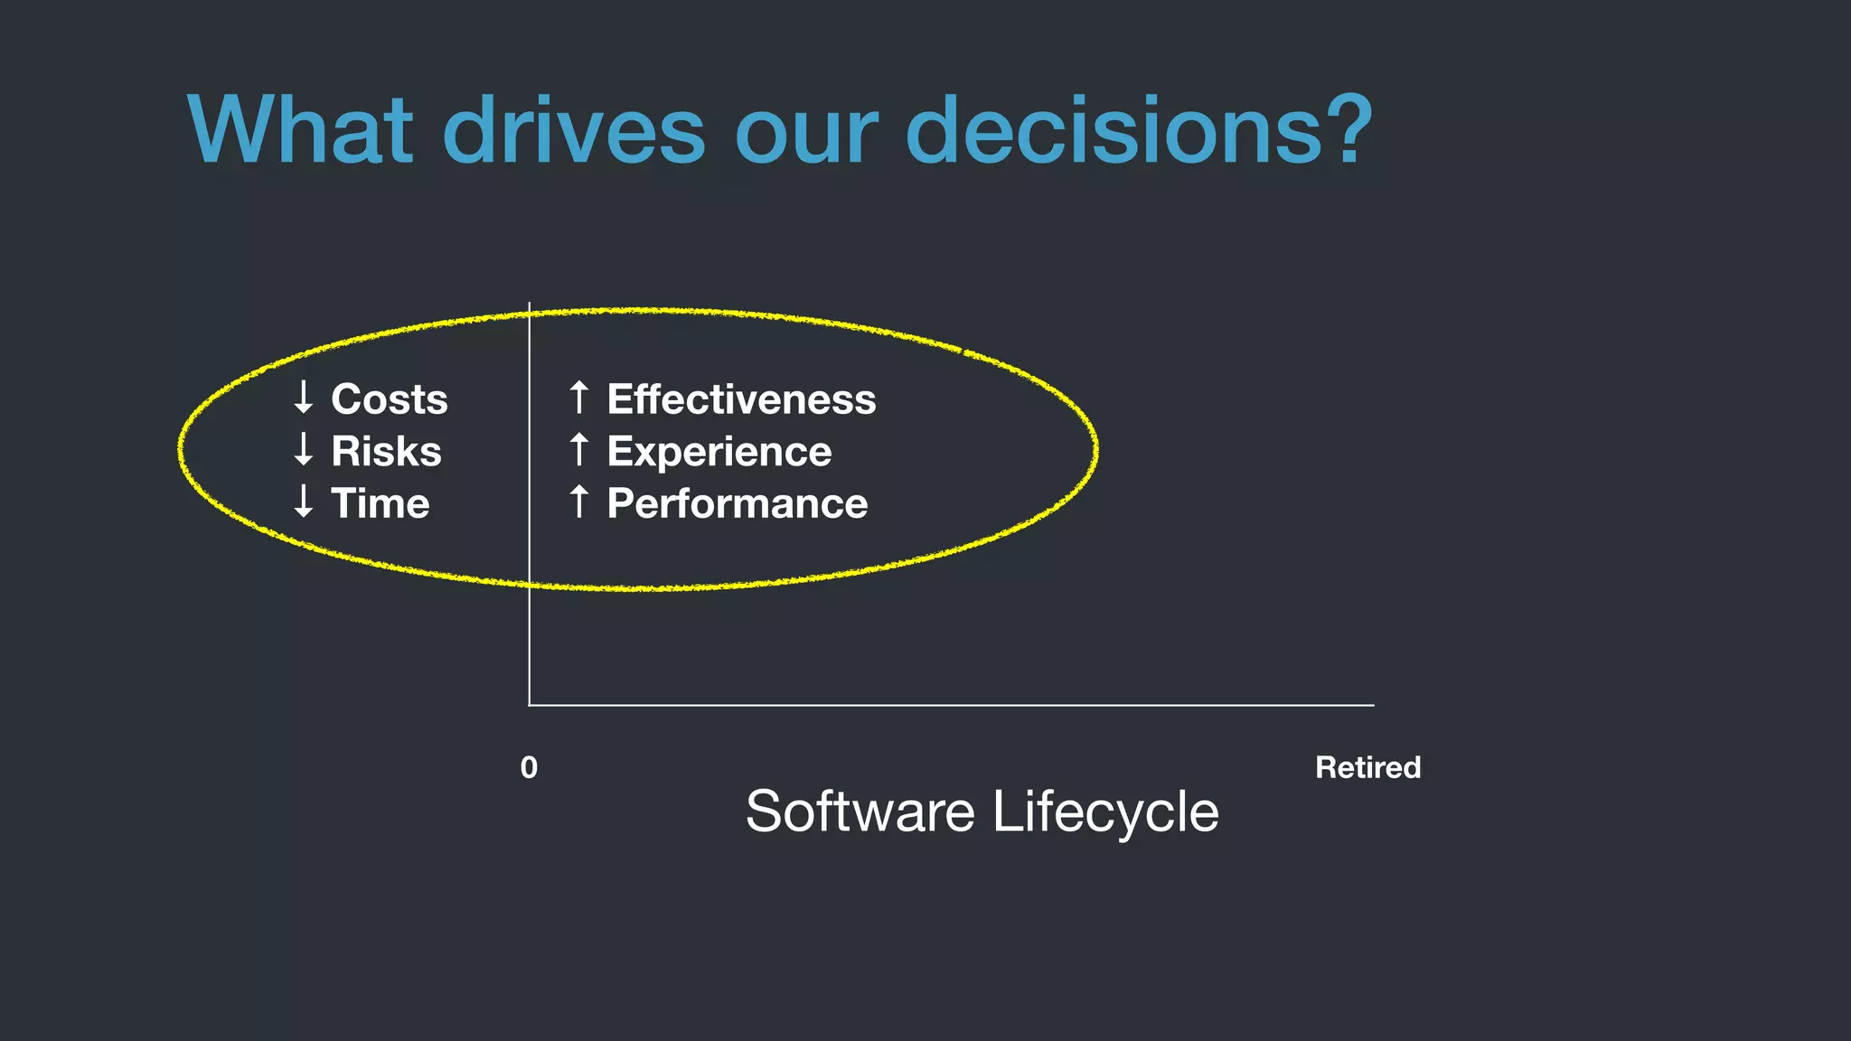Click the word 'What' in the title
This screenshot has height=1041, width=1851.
300,130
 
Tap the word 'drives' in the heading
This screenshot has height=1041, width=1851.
573,130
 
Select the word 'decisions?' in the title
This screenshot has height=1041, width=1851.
1138,130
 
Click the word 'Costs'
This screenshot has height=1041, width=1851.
389,399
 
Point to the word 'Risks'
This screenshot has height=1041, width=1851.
386,452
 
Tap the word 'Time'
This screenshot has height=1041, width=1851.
380,503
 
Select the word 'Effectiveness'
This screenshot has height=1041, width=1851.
741,399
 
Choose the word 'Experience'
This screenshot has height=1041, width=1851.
719,452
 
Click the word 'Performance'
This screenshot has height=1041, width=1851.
737,503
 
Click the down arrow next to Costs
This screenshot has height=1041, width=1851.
304,398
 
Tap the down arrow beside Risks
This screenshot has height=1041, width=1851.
304,449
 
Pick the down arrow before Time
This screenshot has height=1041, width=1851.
304,502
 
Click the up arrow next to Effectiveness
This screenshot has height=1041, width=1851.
579,398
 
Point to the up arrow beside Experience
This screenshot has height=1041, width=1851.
579,449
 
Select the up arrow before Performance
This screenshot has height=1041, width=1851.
579,502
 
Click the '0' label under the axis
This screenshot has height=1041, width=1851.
529,767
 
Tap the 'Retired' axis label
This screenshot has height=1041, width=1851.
1367,767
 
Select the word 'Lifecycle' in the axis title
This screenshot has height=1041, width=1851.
1105,812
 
